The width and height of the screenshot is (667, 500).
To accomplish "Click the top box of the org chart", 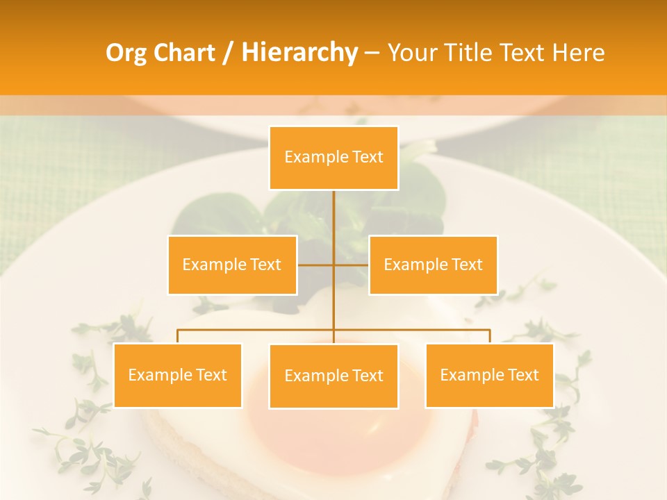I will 333,158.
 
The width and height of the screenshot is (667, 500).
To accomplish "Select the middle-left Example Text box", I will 232,265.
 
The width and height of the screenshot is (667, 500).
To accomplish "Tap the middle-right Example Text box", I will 433,265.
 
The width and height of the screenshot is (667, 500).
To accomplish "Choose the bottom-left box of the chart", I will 177,375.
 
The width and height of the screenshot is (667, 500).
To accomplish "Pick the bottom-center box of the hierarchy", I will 333,376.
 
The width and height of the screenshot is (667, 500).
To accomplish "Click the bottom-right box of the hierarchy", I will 489,375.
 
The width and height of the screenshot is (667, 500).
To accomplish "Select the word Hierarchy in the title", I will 299,53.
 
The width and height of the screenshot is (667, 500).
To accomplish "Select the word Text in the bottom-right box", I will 523,375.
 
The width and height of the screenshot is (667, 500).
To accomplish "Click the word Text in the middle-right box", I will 467,265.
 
